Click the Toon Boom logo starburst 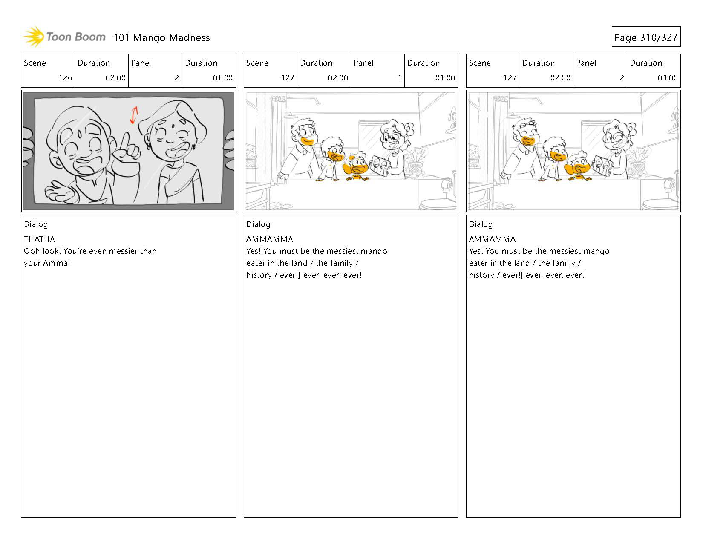tap(34, 37)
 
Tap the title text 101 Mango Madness tap(161, 37)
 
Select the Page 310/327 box tap(646, 37)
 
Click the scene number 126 tap(65, 77)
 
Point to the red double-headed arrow tap(134, 115)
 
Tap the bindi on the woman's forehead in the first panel tap(173, 126)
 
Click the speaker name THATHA tap(40, 239)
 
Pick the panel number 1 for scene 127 tap(399, 77)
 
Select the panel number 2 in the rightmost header tap(622, 77)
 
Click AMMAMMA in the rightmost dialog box tap(492, 239)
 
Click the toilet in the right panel tap(660, 203)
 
